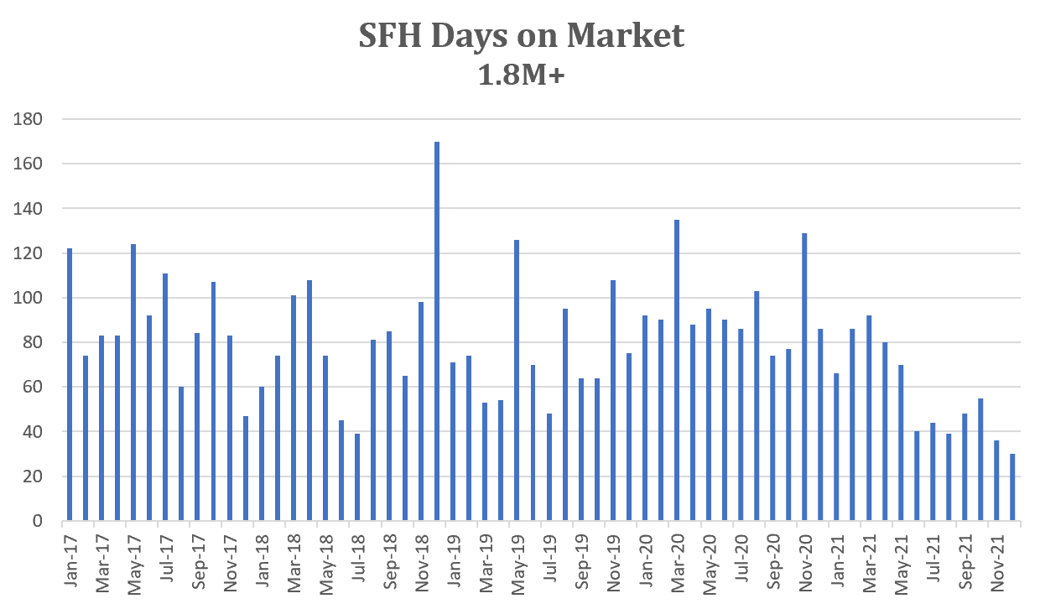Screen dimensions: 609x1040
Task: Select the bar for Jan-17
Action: click(x=70, y=385)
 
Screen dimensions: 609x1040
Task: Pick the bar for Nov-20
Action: click(x=804, y=377)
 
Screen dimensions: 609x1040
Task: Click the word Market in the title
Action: click(x=625, y=35)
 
